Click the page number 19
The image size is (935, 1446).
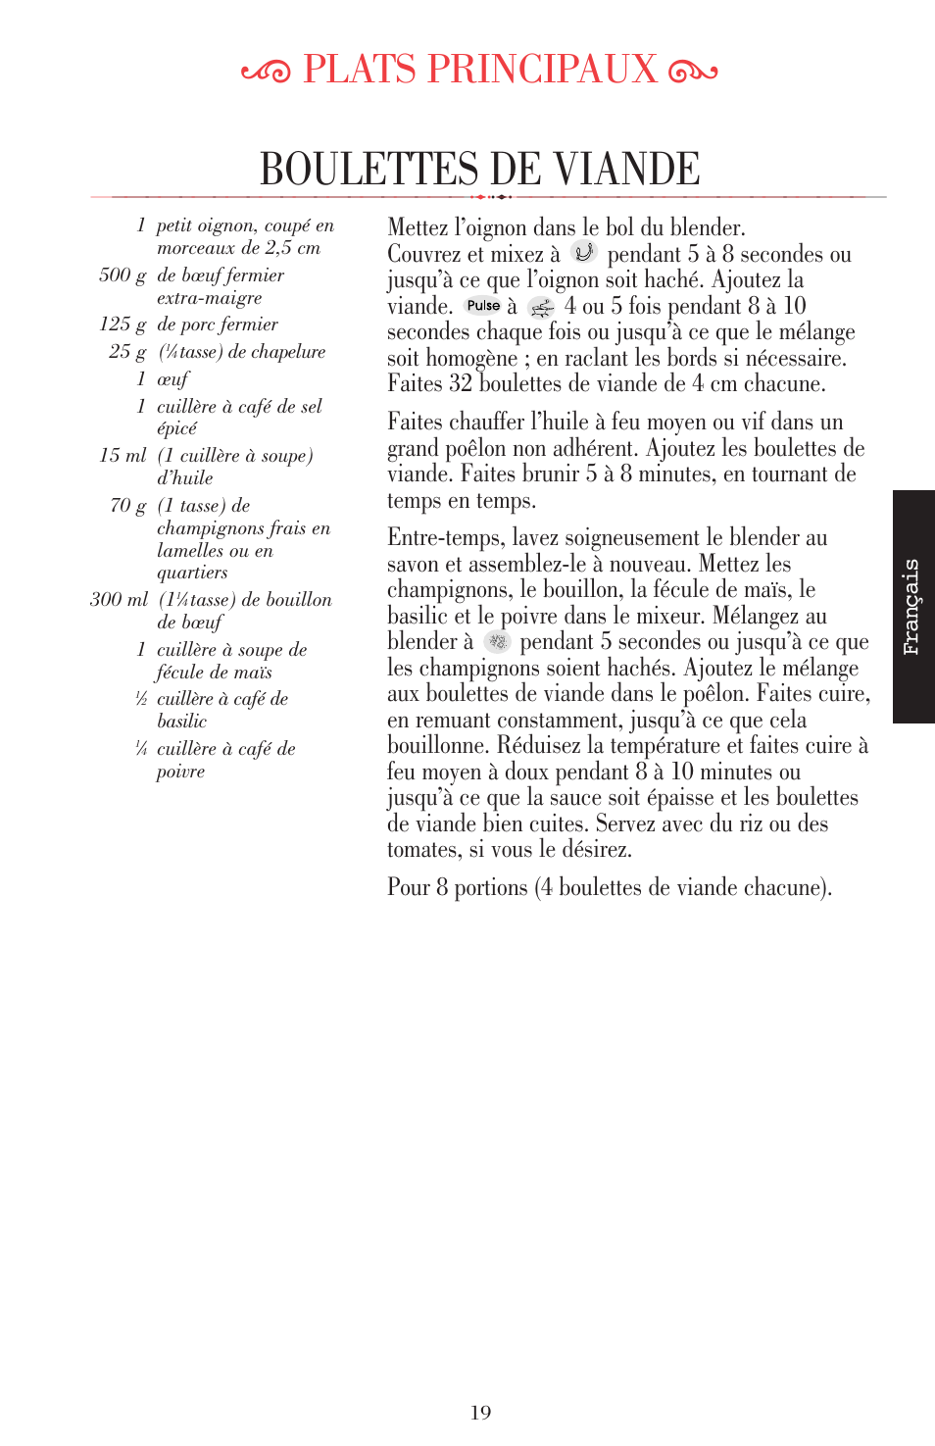coord(480,1412)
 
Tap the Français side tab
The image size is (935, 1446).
coord(911,607)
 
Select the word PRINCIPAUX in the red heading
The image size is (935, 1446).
coord(542,69)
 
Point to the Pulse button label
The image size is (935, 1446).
coord(483,306)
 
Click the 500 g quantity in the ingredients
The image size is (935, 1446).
coord(123,275)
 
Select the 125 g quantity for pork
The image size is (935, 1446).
coord(123,324)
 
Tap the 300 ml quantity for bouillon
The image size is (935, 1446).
coord(119,599)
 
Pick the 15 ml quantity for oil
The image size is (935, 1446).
coord(123,456)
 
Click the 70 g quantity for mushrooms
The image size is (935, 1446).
coord(128,506)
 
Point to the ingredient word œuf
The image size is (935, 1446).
coord(172,379)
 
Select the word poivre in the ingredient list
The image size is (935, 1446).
coord(180,772)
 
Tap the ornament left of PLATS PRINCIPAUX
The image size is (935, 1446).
coord(266,72)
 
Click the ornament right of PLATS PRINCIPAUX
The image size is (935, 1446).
coord(692,72)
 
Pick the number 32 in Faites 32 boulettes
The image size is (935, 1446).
coord(461,383)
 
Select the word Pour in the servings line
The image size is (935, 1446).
coord(409,887)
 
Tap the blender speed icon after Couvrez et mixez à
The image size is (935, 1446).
coord(584,253)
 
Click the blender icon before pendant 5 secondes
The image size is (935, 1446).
coord(498,642)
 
